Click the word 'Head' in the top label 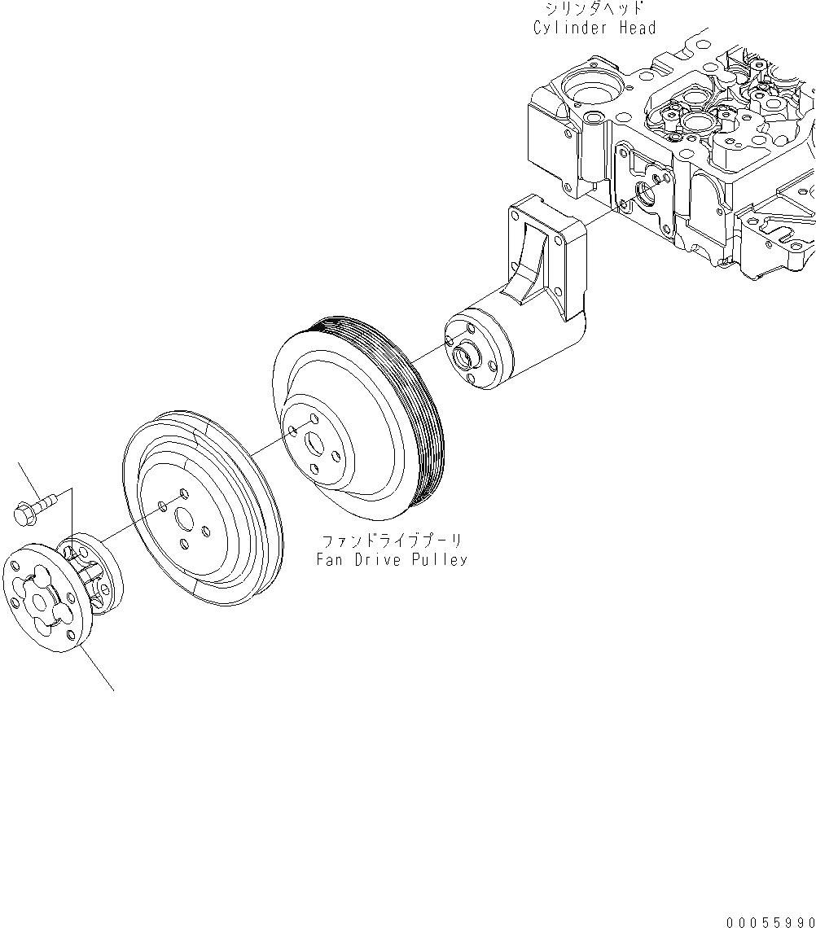click(635, 28)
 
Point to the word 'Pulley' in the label click(443, 560)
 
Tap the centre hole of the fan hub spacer click(37, 603)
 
